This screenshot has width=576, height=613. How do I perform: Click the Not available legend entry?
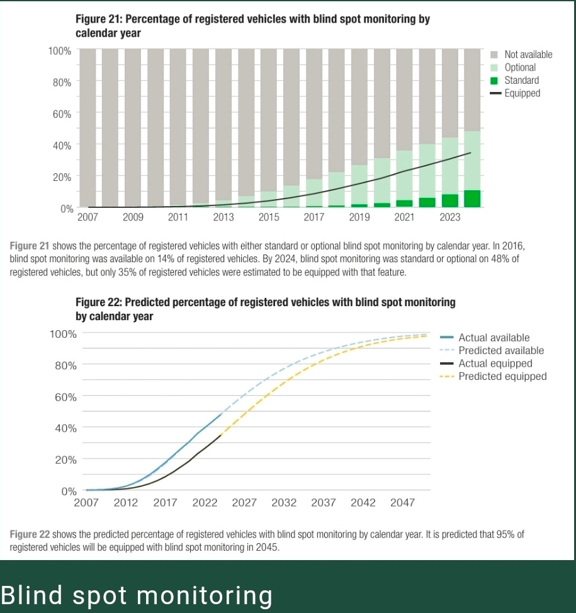coord(521,54)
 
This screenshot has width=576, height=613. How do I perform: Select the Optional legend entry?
coord(513,67)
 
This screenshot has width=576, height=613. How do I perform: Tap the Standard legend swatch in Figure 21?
coord(494,81)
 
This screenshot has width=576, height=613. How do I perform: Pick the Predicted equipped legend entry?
coord(493,377)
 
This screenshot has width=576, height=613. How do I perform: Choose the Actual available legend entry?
coord(485,338)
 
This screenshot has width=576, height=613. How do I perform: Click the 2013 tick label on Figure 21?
coord(223,217)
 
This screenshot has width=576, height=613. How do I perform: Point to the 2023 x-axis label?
coord(450,217)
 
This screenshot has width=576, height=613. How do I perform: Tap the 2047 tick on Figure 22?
coord(402,502)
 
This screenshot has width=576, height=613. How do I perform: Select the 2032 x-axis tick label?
coord(284,502)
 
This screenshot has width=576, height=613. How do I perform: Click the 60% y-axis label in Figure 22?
coord(65,397)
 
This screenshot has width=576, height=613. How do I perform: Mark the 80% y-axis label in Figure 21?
coord(62,83)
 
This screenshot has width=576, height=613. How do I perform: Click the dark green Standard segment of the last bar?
coord(472,198)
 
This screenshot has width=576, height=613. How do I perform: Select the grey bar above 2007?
coord(88,128)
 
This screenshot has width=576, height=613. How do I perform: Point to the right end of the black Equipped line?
coord(471,152)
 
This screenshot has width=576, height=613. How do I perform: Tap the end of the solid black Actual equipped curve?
coord(221,435)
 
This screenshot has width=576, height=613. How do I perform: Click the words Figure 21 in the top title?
coord(99,19)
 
